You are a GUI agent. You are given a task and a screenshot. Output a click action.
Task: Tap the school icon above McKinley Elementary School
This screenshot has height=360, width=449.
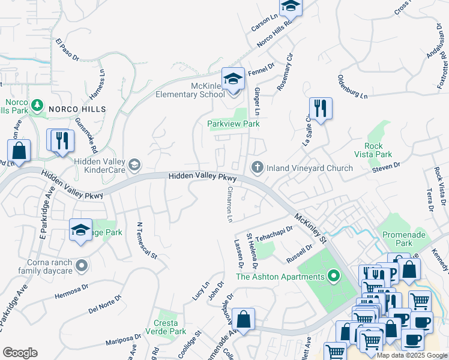[x=233, y=78]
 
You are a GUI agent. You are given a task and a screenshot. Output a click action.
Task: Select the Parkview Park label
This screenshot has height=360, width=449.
[x=233, y=124]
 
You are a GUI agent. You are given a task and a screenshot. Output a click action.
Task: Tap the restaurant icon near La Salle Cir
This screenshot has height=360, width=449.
[x=321, y=109]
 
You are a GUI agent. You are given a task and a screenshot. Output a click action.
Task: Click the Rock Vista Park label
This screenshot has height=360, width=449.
[x=378, y=150]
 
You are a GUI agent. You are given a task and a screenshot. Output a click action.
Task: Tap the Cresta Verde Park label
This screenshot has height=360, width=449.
[x=169, y=326]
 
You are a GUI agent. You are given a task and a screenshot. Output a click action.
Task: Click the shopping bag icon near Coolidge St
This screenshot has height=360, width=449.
[x=244, y=319]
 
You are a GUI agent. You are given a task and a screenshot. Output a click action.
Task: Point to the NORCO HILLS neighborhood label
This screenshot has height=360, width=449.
[x=77, y=109]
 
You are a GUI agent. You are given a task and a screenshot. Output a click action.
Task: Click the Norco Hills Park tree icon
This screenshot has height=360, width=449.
[x=37, y=106]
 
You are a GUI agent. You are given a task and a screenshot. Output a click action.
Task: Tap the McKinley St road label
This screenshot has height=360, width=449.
[x=310, y=228]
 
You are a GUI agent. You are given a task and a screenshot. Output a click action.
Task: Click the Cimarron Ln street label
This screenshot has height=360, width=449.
[x=229, y=203]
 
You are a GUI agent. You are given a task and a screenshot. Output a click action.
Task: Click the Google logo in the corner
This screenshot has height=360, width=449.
[x=20, y=353]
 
